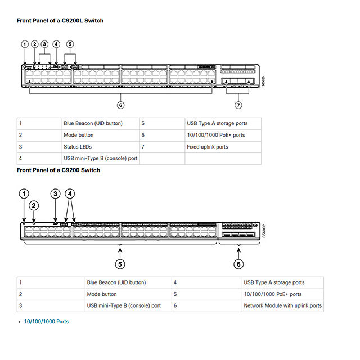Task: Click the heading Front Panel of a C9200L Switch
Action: pyautogui.click(x=60, y=21)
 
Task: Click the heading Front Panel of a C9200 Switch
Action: pyautogui.click(x=58, y=170)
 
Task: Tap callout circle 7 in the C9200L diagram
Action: pyautogui.click(x=238, y=105)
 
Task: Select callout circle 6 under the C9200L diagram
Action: pyautogui.click(x=120, y=105)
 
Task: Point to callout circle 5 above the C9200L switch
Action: pyautogui.click(x=70, y=44)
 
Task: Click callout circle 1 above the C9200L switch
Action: pyautogui.click(x=25, y=44)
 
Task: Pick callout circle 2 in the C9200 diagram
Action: pyautogui.click(x=34, y=205)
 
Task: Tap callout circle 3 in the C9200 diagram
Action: pyautogui.click(x=55, y=193)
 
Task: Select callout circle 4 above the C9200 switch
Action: pyautogui.click(x=70, y=193)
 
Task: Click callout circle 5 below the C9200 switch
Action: pyautogui.click(x=120, y=264)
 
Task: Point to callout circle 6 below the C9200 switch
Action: pyautogui.click(x=238, y=264)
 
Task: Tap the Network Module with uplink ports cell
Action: pyautogui.click(x=282, y=305)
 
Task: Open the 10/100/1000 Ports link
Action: pyautogui.click(x=46, y=321)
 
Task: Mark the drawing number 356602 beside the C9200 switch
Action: pyautogui.click(x=264, y=231)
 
